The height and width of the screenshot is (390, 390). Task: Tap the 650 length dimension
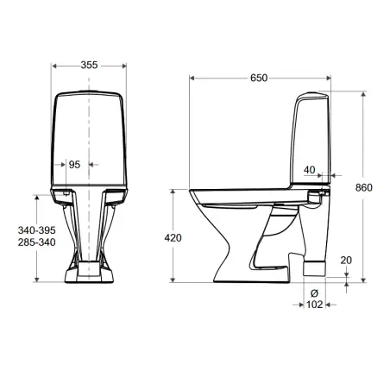tap(258, 78)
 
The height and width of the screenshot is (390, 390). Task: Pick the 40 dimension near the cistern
tap(309, 171)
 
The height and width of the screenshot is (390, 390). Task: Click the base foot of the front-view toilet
tap(90, 275)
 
